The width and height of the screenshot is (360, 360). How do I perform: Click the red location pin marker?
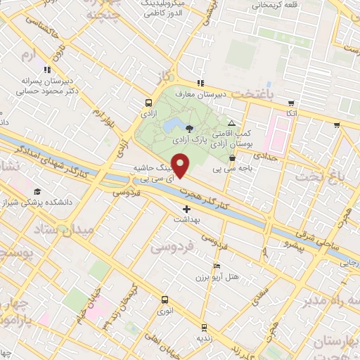pos(181,165)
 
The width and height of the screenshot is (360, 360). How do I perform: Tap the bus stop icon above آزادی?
pos(148,101)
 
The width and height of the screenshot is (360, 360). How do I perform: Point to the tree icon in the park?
pos(189,127)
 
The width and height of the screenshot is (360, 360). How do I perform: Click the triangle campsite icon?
pos(231,123)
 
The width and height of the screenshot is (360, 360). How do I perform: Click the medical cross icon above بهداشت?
pos(186,209)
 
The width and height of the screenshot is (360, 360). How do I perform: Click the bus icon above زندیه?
pos(203,328)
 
